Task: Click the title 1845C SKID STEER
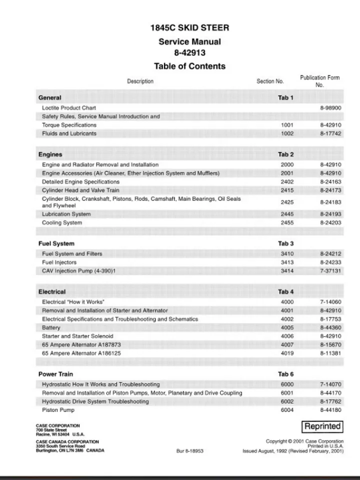click(x=189, y=28)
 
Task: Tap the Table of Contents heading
click(x=189, y=66)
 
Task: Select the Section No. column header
click(x=270, y=81)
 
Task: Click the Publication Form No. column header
click(x=319, y=81)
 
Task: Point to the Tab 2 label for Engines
click(x=286, y=154)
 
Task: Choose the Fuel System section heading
click(x=56, y=243)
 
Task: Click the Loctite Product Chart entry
click(x=69, y=108)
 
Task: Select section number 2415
click(x=287, y=190)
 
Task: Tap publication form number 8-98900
click(x=330, y=108)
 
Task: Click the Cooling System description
click(x=62, y=223)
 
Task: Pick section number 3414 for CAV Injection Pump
click(x=287, y=271)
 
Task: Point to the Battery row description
click(x=51, y=328)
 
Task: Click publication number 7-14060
click(x=330, y=302)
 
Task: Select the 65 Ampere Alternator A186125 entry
click(x=81, y=353)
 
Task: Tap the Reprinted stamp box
click(x=322, y=426)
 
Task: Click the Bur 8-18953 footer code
click(x=190, y=450)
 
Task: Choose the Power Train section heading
click(x=55, y=374)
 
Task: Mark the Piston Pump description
click(x=58, y=410)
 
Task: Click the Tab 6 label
click(x=286, y=374)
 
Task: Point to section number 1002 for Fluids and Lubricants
click(x=287, y=134)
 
